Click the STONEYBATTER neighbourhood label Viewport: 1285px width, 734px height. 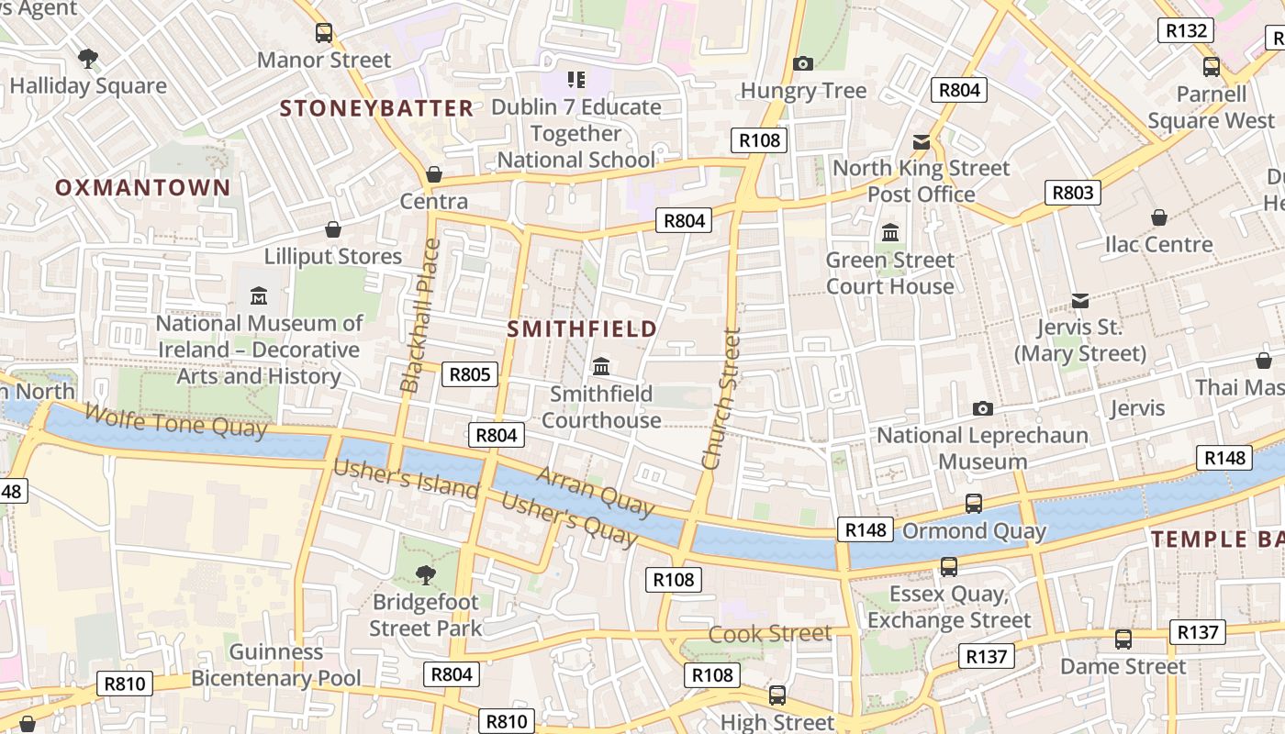pos(376,108)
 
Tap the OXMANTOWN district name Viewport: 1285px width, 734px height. pos(142,188)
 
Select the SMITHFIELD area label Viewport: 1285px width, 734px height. pos(582,328)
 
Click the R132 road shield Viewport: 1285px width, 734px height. pos(1185,30)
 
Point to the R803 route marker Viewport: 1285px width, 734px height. pos(1072,193)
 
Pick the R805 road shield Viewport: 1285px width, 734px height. pos(469,374)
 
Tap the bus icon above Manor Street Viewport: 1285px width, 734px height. pos(324,33)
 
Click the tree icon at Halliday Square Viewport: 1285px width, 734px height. pos(88,60)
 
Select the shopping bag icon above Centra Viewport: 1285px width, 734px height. pos(434,174)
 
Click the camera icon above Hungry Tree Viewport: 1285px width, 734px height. pos(803,63)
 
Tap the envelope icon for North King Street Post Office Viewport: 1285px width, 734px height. pos(921,142)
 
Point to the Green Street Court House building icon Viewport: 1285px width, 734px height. pos(889,233)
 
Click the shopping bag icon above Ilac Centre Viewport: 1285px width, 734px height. pos(1159,217)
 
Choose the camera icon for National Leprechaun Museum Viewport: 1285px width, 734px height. pos(982,408)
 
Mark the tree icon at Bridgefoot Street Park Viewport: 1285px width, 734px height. pos(425,575)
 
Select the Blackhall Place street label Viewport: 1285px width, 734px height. pos(420,316)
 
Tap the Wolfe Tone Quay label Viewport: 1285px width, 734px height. pos(175,420)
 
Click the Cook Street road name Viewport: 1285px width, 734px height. pos(770,633)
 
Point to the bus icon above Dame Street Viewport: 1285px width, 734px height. pos(1123,639)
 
